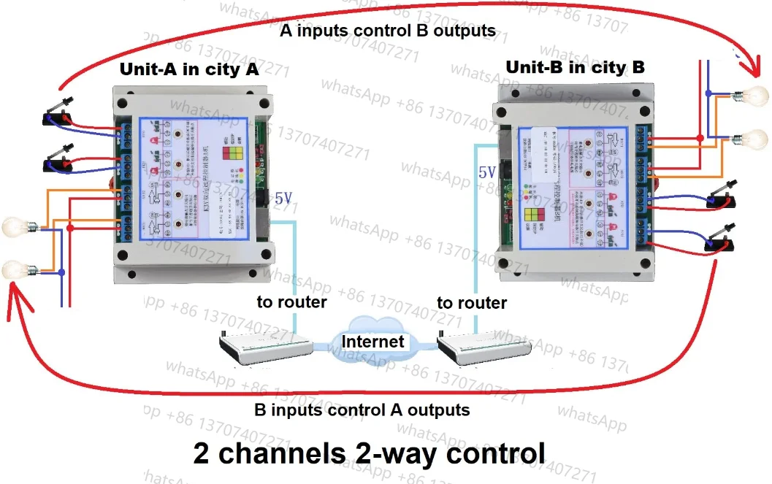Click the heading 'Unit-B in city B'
[x=576, y=68]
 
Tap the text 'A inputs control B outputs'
[x=388, y=31]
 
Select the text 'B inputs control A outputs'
[x=362, y=409]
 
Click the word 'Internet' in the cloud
[x=372, y=341]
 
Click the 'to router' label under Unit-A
[x=291, y=301]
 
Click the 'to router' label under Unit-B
[x=472, y=302]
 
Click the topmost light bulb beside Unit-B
[x=755, y=96]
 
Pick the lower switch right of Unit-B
[x=719, y=241]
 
